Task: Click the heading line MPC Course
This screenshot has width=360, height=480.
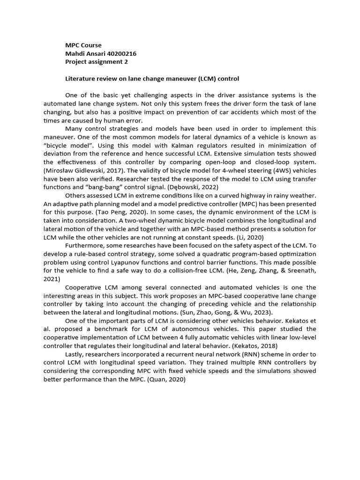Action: [83, 45]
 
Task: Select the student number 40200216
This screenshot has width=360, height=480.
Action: [120, 53]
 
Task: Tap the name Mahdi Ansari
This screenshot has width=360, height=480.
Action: [84, 53]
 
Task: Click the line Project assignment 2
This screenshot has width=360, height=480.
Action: [96, 61]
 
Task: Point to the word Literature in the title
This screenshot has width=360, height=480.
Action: [79, 78]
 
